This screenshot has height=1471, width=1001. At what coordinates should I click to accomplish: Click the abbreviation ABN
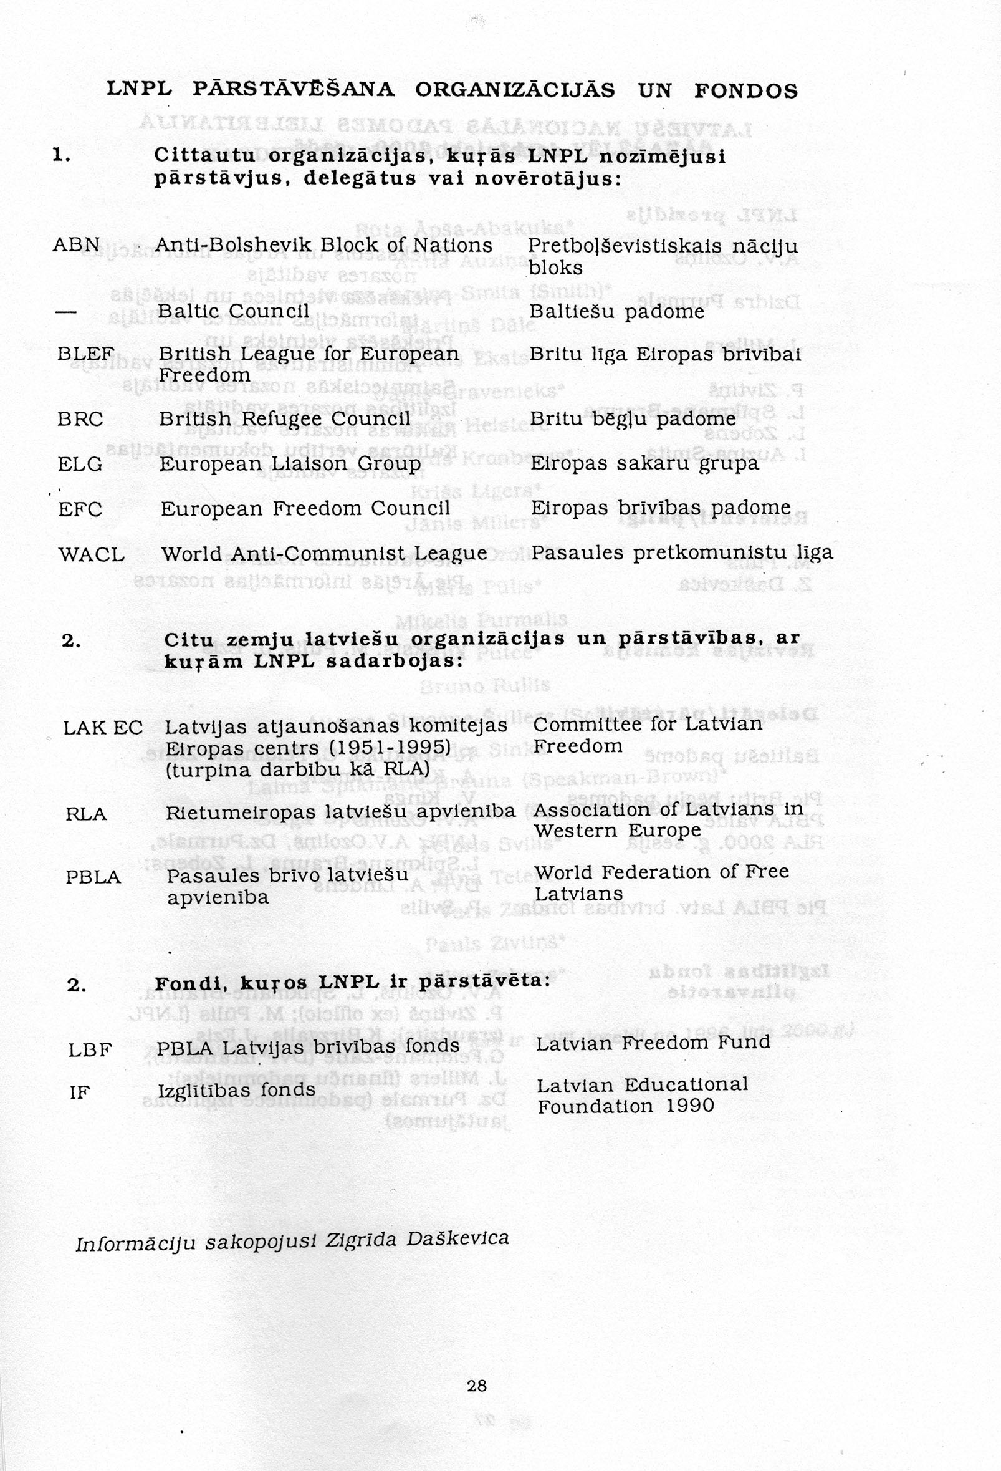[x=76, y=245]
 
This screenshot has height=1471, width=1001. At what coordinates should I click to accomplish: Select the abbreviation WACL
[x=91, y=555]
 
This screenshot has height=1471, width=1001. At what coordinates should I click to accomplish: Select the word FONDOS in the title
[x=746, y=91]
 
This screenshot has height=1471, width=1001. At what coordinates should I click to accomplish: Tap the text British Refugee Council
[x=285, y=420]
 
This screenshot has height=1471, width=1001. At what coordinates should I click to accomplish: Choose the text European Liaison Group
[x=290, y=465]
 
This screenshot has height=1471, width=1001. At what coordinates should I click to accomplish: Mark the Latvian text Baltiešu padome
[x=616, y=311]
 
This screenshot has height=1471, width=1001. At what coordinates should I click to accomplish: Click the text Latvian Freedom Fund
[x=653, y=1043]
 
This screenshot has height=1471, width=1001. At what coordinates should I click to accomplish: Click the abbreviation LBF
[x=90, y=1050]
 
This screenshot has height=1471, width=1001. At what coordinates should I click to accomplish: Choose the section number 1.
[x=61, y=155]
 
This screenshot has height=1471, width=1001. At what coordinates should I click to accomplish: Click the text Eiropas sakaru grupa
[x=644, y=464]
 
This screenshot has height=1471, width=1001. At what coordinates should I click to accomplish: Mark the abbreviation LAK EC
[x=103, y=728]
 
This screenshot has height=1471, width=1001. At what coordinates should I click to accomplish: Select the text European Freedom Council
[x=305, y=509]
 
